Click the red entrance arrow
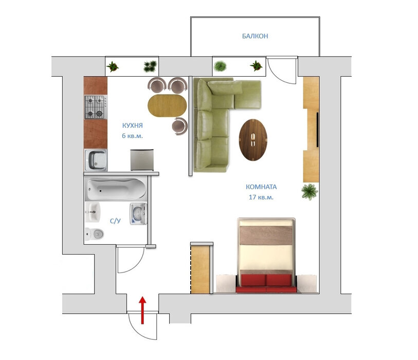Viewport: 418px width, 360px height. click(142, 310)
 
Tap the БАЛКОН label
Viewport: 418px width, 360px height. click(255, 37)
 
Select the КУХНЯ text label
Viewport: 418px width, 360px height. click(133, 125)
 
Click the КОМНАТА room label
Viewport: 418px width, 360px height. click(261, 187)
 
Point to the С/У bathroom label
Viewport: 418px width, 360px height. click(116, 221)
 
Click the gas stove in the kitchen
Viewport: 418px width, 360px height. click(96, 107)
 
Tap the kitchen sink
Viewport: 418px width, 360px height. click(96, 160)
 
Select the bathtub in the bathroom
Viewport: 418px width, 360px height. click(116, 189)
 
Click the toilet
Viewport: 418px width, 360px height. click(95, 234)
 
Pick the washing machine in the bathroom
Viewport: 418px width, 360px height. click(138, 214)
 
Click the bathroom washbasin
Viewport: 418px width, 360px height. click(93, 212)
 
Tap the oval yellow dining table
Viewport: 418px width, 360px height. click(168, 105)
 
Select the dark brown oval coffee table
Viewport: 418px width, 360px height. click(253, 140)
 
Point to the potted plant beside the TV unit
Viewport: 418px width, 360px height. click(310, 192)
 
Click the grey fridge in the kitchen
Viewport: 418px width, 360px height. click(142, 160)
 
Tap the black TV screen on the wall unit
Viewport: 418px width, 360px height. click(317, 130)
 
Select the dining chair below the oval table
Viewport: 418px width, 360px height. click(179, 127)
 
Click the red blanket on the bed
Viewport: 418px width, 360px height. click(266, 283)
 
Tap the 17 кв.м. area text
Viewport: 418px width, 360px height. click(261, 197)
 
